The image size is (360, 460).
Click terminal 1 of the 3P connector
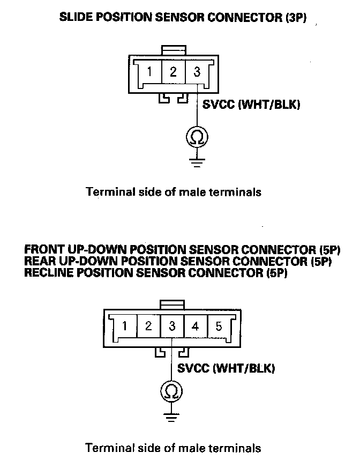tap(151, 72)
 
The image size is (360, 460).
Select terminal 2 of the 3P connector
tap(174, 72)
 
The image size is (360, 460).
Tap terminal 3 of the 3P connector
tap(197, 72)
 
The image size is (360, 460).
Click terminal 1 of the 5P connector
tap(125, 326)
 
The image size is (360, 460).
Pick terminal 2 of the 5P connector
tap(148, 326)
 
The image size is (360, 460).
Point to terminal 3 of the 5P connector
tap(172, 326)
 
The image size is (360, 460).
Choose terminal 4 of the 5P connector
tap(196, 326)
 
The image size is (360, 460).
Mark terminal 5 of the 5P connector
tap(219, 326)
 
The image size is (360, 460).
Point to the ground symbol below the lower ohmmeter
tap(172, 416)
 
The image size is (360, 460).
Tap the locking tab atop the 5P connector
tap(172, 304)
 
